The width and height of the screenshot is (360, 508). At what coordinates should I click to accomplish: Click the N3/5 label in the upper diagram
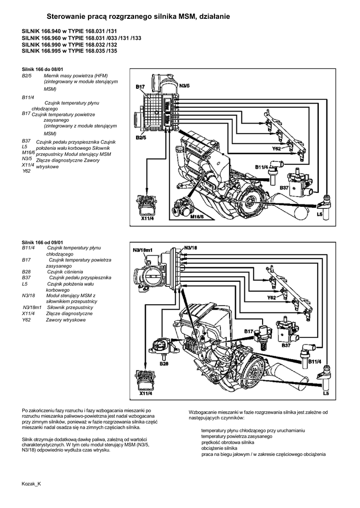click(x=184, y=86)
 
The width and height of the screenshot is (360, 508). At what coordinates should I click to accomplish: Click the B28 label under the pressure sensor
click(x=164, y=364)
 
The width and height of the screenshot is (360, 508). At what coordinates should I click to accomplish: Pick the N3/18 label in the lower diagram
click(x=190, y=247)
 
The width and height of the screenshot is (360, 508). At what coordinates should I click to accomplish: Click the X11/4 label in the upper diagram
click(x=146, y=218)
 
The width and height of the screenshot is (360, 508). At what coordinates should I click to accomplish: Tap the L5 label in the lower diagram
click(x=326, y=393)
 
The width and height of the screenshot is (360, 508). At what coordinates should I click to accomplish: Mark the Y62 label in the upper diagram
click(x=277, y=148)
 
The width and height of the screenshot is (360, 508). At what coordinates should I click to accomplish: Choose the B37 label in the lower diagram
click(x=286, y=345)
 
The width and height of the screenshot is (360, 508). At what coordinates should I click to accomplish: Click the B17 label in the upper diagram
click(x=140, y=87)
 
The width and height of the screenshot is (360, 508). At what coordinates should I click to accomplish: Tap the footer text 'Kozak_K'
click(x=31, y=483)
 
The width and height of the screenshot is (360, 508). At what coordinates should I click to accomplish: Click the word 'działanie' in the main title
click(x=213, y=17)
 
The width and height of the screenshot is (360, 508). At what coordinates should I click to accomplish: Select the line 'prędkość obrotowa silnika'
click(x=227, y=442)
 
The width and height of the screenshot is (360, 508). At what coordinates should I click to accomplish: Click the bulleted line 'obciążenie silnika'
click(x=219, y=448)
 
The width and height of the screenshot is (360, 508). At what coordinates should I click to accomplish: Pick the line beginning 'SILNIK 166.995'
click(x=69, y=50)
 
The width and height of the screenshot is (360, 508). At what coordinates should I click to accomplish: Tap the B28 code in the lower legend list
click(x=27, y=272)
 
